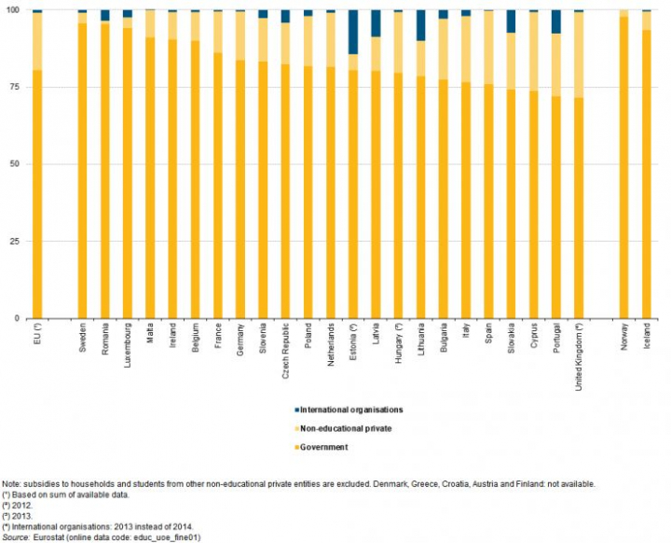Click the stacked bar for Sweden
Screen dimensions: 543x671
[x=82, y=168]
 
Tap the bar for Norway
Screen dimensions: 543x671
[x=623, y=168]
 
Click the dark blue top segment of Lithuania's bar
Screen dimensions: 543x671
[x=421, y=25]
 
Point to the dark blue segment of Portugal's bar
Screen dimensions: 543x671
[x=556, y=21]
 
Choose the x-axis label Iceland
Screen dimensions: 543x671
[x=647, y=338]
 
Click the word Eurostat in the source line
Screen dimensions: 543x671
[x=48, y=538]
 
